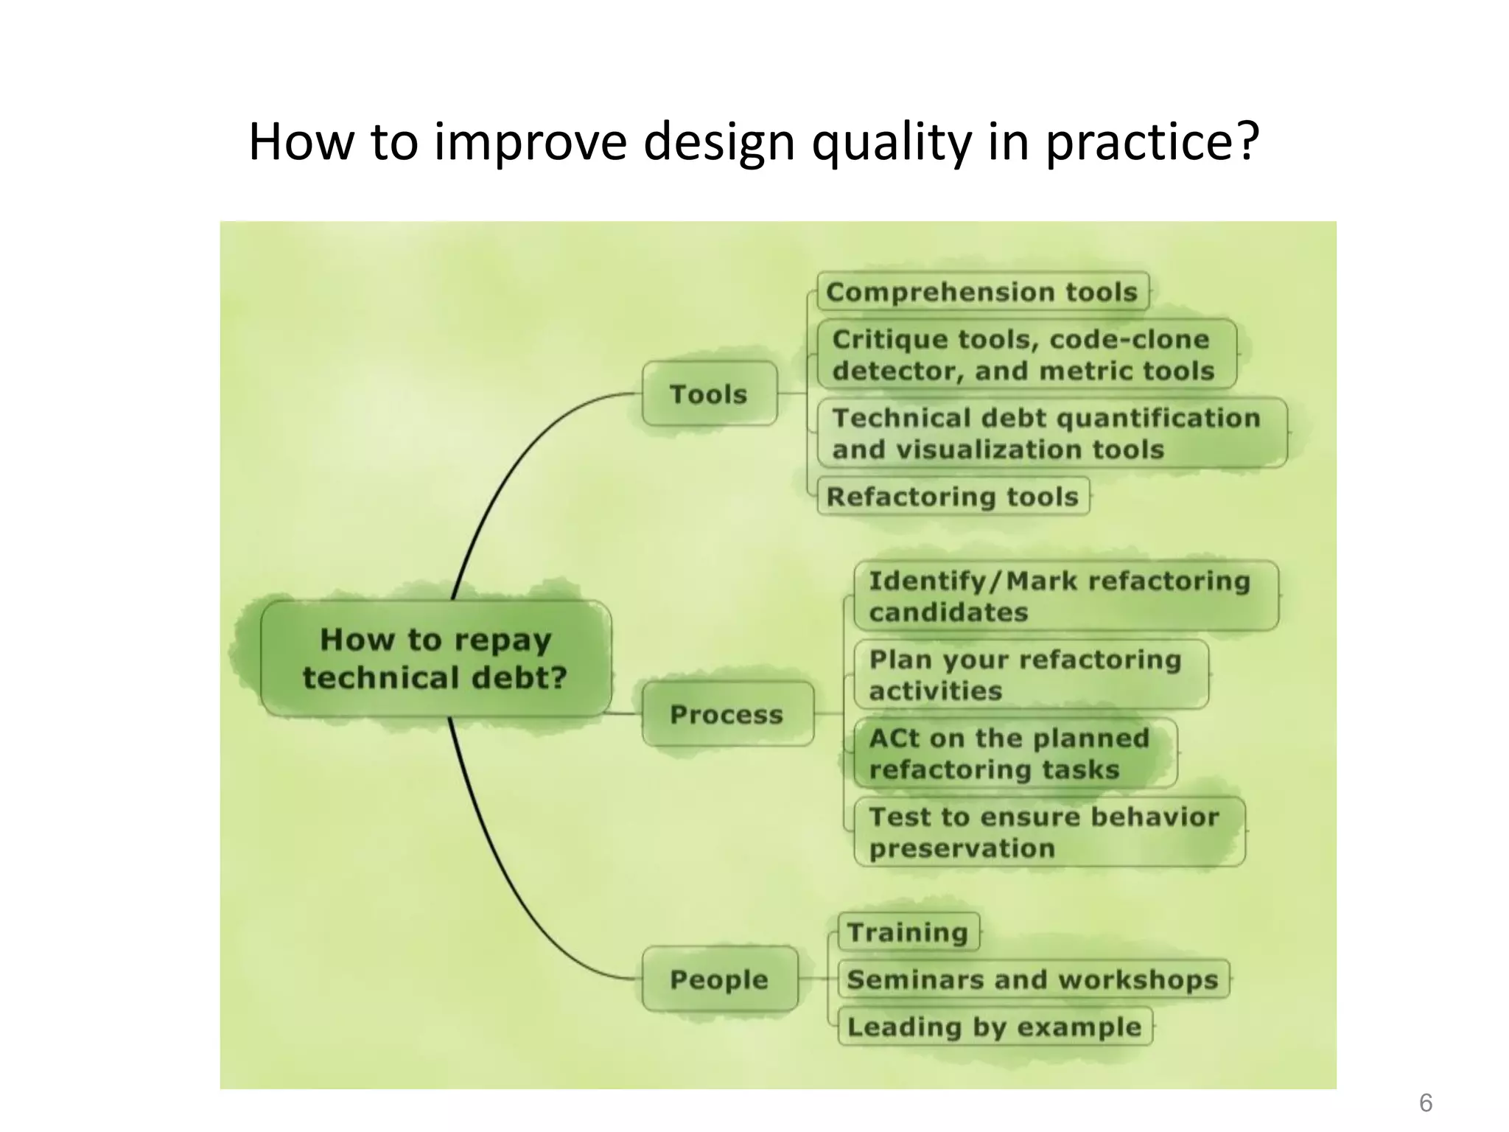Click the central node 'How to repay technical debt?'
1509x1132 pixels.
click(x=435, y=658)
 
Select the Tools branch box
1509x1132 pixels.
click(x=709, y=394)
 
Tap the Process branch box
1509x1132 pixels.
click(x=727, y=713)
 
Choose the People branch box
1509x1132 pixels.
click(x=719, y=979)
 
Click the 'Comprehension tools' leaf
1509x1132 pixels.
click(x=982, y=292)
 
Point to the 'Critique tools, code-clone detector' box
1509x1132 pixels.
click(x=1025, y=354)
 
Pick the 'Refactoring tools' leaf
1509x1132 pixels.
click(x=953, y=496)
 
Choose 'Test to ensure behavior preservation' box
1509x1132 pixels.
click(x=1048, y=832)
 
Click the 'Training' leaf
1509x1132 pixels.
click(x=908, y=932)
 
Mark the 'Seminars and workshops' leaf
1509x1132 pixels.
click(x=1032, y=979)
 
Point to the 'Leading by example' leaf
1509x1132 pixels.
click(x=994, y=1027)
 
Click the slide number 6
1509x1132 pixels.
click(x=1425, y=1103)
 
